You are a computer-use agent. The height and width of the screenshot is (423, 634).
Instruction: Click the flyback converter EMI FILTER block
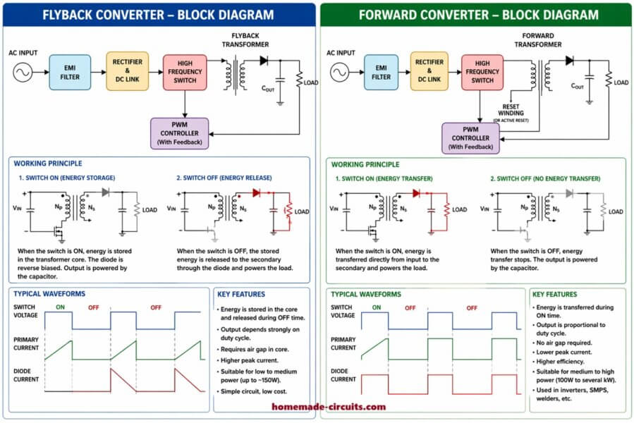[x=70, y=73]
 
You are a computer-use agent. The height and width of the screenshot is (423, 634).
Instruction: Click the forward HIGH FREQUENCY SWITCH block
[x=482, y=72]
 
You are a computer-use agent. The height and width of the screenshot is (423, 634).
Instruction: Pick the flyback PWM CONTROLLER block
[x=180, y=133]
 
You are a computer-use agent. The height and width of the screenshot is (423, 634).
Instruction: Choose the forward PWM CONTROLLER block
[x=470, y=138]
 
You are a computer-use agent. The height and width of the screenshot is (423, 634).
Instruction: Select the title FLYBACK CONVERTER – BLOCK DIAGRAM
[x=158, y=14]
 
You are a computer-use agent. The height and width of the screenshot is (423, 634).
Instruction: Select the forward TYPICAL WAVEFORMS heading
[x=365, y=294]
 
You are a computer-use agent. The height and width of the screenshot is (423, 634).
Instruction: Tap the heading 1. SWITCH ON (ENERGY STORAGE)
[x=66, y=178]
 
